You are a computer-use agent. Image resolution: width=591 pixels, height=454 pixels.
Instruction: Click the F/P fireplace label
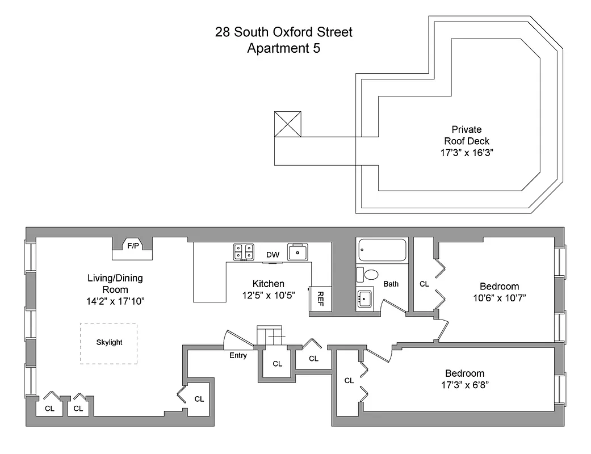coord(133,246)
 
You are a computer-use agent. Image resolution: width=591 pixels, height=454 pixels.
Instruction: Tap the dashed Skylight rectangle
coord(108,343)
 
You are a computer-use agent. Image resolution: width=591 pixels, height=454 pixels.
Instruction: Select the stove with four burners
coord(245,252)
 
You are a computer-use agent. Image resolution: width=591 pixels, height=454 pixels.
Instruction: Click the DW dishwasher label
coord(273,255)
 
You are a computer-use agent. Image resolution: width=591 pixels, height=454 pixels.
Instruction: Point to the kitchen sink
coord(298,251)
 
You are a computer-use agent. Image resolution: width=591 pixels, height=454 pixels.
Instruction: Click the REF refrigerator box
coord(320,299)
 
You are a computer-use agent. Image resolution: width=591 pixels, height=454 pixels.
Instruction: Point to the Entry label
coord(238,356)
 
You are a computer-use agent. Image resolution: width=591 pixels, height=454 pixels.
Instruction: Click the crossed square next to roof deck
coord(287,124)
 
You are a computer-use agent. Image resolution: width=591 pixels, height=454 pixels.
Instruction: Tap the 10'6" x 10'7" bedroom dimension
coord(499,298)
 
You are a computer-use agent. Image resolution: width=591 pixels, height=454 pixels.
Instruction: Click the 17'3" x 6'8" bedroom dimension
coord(464,385)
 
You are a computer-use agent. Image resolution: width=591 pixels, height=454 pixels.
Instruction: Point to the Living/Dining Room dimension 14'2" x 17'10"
coord(116,301)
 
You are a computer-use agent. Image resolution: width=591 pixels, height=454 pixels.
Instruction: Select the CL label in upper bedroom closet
coord(424,284)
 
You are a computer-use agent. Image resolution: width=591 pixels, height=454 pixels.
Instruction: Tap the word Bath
coord(391,284)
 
